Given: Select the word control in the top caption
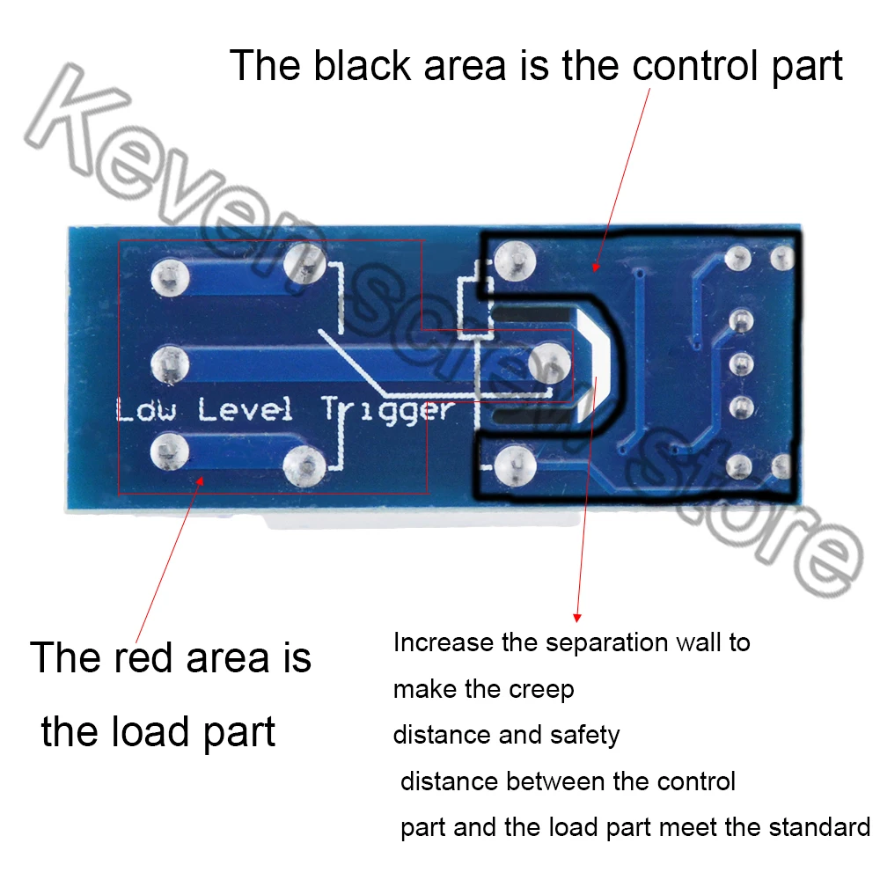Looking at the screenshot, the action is pos(683,67).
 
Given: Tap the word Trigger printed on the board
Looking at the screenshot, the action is pos(387,412).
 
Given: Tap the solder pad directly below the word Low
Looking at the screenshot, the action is pos(169,451).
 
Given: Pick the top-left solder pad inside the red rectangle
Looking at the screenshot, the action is pos(169,276).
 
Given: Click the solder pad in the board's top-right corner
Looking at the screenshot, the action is pos(781,258).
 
